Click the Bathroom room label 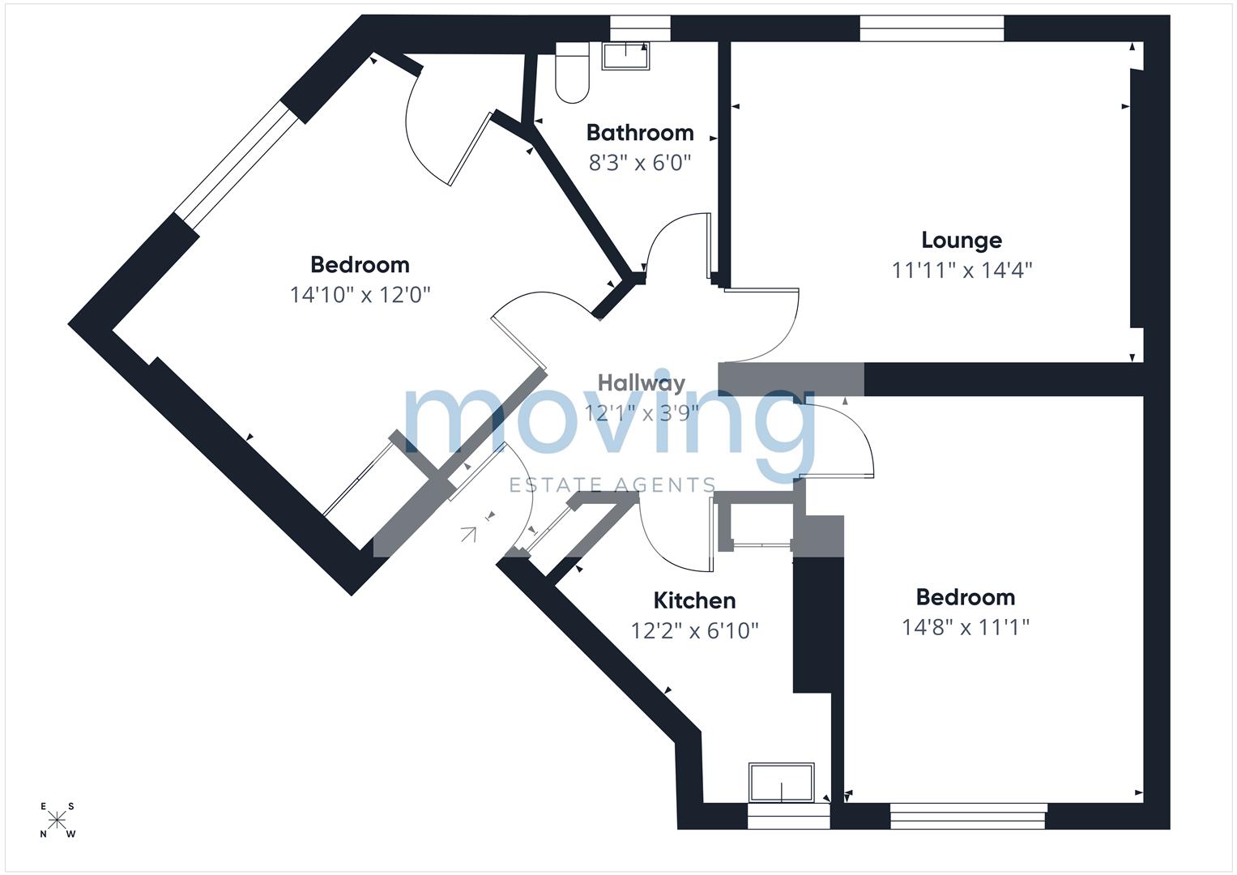(640, 133)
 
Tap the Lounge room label (962, 240)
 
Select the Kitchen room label (694, 600)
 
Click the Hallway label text (641, 383)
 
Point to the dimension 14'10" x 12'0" (360, 294)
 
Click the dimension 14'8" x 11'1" (965, 627)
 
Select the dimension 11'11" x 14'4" (962, 270)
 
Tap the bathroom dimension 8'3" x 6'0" (640, 163)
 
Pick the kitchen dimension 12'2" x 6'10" (694, 630)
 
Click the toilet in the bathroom (571, 74)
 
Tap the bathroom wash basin (625, 56)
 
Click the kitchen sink (781, 782)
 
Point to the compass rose (57, 820)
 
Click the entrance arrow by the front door (468, 533)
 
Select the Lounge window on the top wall (932, 29)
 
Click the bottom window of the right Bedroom (968, 816)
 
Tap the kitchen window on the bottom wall (788, 816)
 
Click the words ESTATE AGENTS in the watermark (612, 485)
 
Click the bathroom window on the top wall (640, 29)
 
